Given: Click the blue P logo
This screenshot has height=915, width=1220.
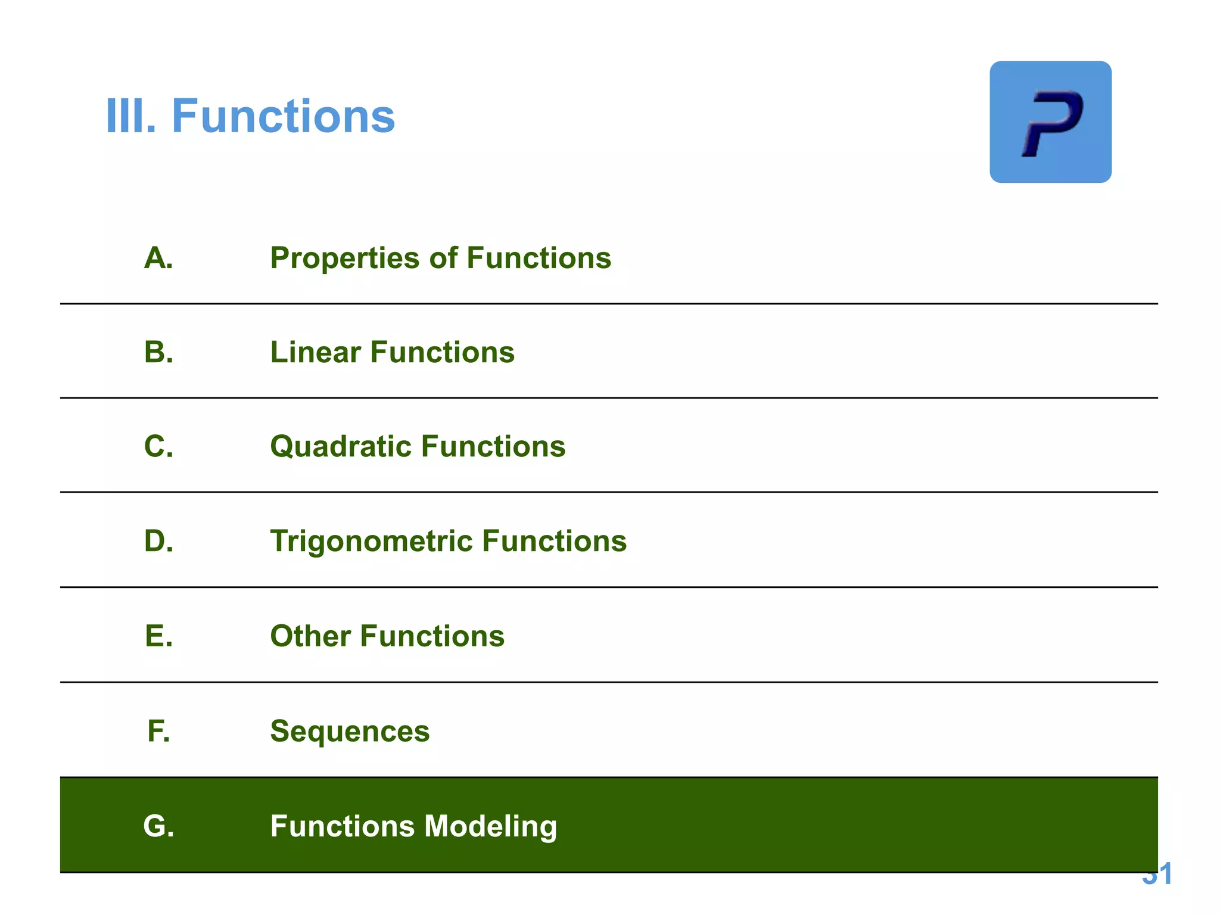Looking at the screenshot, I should tap(1050, 122).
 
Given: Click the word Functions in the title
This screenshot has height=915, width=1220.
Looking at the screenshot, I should tap(283, 116).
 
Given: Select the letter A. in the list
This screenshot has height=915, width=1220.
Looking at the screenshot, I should tap(158, 258).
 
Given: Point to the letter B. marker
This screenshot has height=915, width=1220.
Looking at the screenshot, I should tap(158, 352).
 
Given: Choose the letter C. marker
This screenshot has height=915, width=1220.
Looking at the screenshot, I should tap(158, 446).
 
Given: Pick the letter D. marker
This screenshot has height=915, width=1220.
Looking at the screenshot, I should tap(158, 541).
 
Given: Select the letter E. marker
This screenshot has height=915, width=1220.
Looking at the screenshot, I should tap(158, 636).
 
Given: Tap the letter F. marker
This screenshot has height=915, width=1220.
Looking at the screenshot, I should tap(158, 731).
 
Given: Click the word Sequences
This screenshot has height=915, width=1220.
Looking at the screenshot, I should tap(350, 732).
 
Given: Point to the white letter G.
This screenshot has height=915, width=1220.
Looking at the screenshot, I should tap(158, 826).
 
